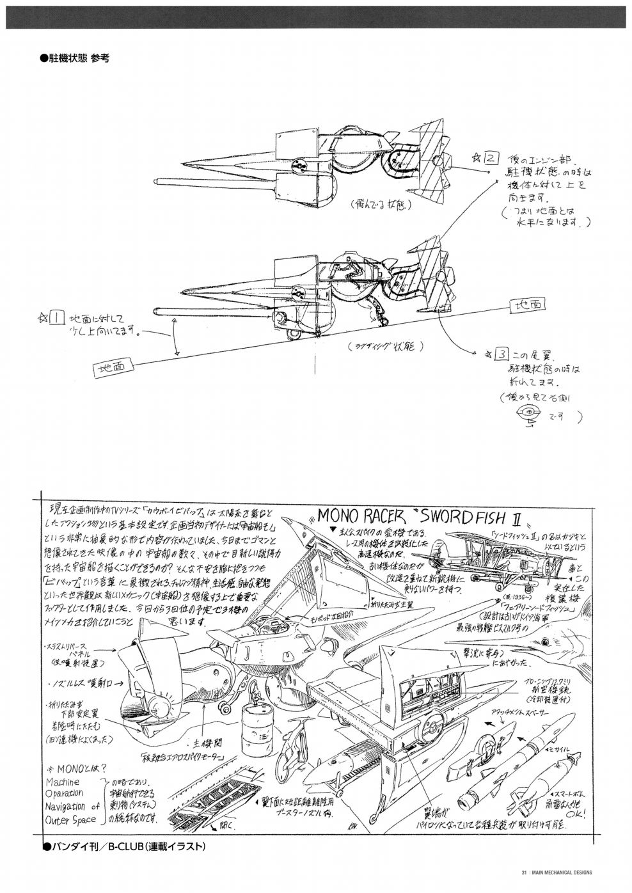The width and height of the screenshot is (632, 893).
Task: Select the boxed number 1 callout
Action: tap(56, 316)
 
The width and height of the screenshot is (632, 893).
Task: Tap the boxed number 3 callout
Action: tap(503, 353)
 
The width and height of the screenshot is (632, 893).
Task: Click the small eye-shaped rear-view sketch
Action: tap(529, 413)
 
